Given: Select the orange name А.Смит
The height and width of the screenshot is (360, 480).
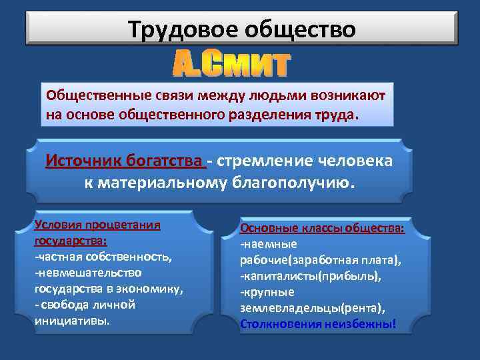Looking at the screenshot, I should click(x=232, y=65).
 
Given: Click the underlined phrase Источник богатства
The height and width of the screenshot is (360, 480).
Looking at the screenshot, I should click(x=125, y=162).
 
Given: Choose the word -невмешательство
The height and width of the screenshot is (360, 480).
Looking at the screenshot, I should click(x=87, y=273).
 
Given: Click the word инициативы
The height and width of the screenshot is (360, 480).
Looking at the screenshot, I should click(x=72, y=320).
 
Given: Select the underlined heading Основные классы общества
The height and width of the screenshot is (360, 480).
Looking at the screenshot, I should click(x=322, y=228).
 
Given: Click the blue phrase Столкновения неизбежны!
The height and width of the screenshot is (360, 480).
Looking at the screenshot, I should click(x=318, y=324).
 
